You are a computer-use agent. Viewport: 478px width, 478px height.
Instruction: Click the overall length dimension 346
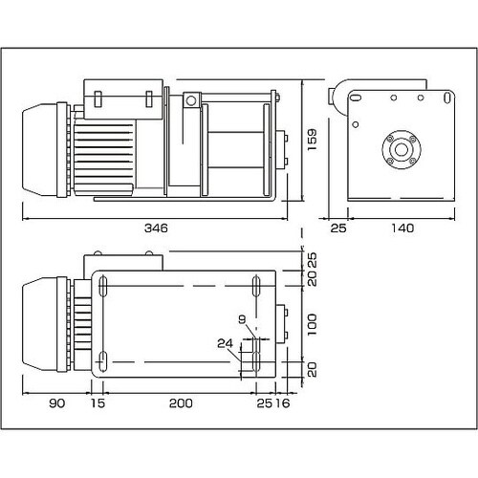158,229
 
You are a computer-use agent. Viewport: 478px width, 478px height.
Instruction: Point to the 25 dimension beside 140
338,229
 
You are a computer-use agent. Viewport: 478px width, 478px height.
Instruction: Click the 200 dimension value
179,404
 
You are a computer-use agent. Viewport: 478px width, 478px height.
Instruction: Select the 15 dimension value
97,404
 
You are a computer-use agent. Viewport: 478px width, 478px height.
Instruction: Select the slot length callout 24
225,342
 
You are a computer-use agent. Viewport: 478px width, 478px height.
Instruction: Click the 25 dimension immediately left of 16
263,404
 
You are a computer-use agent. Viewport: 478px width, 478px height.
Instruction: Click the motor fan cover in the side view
42,149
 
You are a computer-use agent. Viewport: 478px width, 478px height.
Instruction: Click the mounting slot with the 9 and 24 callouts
253,358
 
